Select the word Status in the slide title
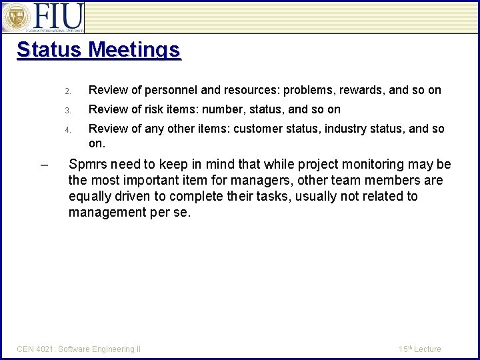(x=49, y=50)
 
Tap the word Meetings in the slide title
(x=134, y=50)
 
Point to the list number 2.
(x=67, y=91)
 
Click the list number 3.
(x=67, y=110)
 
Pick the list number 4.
(x=67, y=129)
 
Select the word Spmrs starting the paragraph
(x=88, y=165)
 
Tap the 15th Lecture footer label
(x=420, y=349)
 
